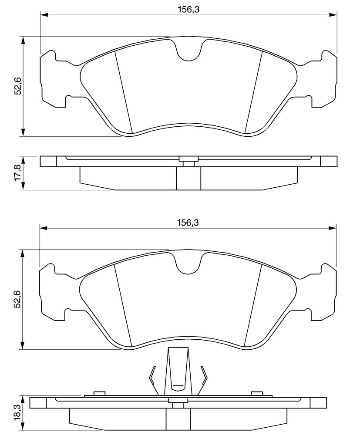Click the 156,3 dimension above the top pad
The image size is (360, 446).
(188, 10)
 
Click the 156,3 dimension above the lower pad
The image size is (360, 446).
(188, 223)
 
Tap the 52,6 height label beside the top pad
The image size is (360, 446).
(18, 87)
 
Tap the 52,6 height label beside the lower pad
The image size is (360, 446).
(18, 299)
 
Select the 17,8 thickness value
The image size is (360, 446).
(18, 172)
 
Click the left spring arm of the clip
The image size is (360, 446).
(154, 380)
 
